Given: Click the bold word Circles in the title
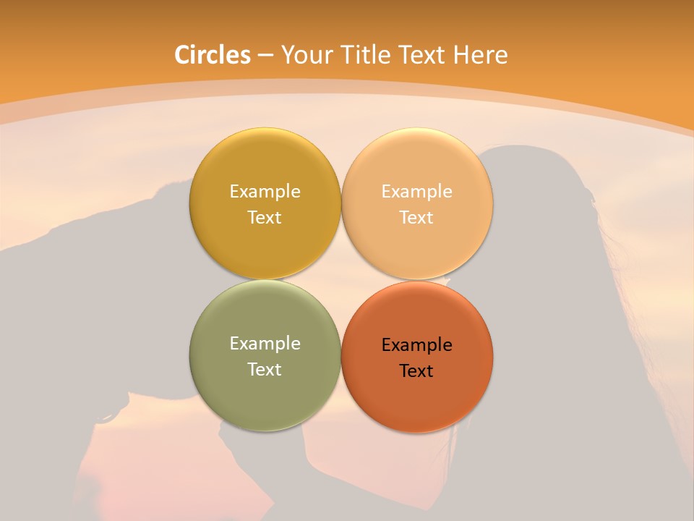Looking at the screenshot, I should click(212, 55).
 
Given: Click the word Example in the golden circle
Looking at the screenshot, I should click(265, 192).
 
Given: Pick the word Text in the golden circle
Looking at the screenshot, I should click(265, 218).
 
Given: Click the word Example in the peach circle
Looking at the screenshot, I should click(416, 192).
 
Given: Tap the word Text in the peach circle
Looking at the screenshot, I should click(416, 218).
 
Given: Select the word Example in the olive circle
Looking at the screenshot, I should click(265, 344).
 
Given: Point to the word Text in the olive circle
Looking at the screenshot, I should click(265, 370).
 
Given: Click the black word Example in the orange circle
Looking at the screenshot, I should click(416, 345).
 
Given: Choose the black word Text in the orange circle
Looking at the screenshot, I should click(416, 371).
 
